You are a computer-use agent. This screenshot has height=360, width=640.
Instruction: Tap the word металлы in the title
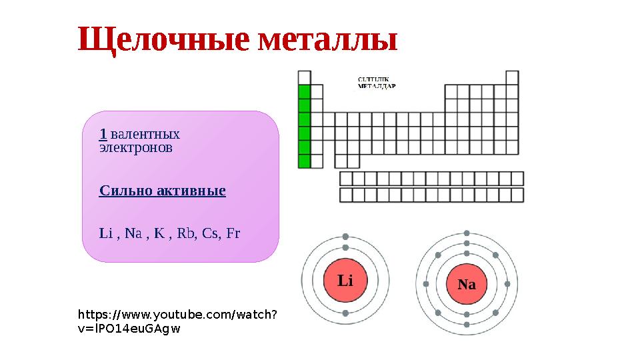coord(327,41)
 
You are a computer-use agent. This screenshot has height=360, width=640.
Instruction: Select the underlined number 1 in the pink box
coord(103,133)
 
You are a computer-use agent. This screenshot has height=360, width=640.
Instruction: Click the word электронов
coord(135,147)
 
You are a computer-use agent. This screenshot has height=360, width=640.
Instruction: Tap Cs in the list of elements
coord(211,233)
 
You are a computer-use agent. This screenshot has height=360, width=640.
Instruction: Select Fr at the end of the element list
coord(233,233)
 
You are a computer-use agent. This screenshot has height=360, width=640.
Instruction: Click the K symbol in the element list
coord(159,233)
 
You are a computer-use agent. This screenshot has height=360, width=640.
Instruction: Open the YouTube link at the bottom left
coord(178,321)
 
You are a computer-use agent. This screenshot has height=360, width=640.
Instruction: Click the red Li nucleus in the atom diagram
coord(345,281)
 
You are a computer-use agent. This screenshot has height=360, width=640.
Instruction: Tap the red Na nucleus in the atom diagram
coord(467,284)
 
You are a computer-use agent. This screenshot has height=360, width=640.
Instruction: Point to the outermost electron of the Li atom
coord(345,237)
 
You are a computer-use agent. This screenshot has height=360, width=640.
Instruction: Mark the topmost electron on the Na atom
coord(467,233)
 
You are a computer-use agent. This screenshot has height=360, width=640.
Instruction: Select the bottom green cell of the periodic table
coord(305,161)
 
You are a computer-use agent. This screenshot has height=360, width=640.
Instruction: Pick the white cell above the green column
coord(305,77)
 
